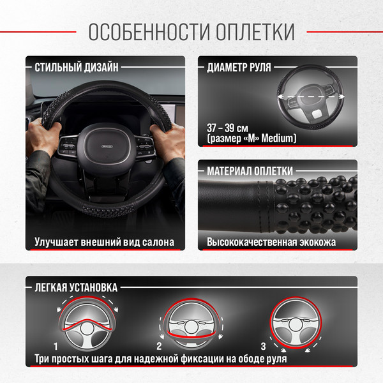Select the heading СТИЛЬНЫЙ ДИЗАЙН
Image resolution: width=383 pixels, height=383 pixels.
76,66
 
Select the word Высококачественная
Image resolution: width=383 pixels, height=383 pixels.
260,243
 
